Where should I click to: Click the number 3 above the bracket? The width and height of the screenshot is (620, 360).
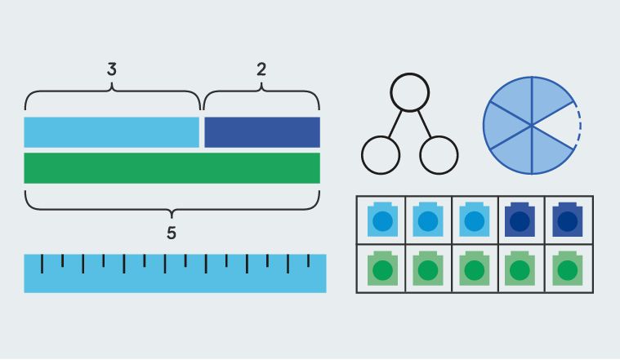112,69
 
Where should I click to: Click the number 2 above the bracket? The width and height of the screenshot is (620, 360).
261,69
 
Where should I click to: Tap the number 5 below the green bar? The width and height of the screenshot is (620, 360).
172,233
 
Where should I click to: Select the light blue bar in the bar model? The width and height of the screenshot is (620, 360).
112,132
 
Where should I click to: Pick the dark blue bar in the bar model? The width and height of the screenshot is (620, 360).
261,132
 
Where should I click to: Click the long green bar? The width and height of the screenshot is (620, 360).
172,167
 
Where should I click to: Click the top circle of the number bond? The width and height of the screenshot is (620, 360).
409,91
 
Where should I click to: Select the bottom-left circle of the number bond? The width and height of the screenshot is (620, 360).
380,154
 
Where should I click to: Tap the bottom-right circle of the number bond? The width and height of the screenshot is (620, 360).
439,154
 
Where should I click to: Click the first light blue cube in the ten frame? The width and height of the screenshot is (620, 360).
381,220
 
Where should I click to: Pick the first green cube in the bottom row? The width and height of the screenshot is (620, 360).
381,268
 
